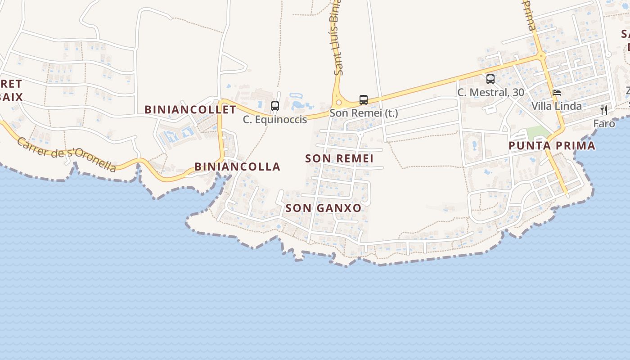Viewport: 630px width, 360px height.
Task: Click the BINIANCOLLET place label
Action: [x=190, y=109]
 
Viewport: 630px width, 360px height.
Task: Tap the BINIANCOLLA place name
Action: [x=237, y=166]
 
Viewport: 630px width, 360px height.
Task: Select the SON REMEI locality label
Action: [x=339, y=158]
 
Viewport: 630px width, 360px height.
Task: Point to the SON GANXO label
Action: [x=323, y=208]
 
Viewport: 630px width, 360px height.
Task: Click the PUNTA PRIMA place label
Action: [x=552, y=145]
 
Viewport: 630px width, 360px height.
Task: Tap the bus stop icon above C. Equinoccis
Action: [x=274, y=106]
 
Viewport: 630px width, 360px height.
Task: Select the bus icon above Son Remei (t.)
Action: [x=363, y=100]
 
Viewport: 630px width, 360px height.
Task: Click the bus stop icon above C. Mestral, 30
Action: [x=490, y=79]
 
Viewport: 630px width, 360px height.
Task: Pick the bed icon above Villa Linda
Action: [x=557, y=93]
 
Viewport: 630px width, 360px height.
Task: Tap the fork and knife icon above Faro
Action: [x=604, y=110]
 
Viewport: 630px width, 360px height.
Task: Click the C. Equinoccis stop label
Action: [x=274, y=119]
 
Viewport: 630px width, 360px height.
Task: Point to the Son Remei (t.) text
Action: [x=364, y=113]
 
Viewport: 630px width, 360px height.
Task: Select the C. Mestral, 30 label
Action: [x=490, y=92]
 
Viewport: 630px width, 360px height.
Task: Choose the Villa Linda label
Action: [x=556, y=106]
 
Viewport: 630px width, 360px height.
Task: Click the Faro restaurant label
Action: [x=604, y=123]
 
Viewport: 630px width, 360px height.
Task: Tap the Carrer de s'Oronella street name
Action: [x=67, y=154]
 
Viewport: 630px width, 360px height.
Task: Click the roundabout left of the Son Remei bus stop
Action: [x=338, y=103]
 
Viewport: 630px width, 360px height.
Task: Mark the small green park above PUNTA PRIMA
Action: [x=538, y=133]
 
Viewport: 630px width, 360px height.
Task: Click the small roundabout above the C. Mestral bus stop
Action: [x=541, y=56]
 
